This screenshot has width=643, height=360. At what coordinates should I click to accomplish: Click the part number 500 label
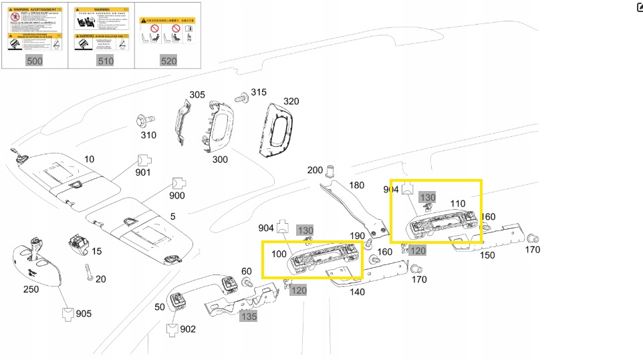[x=34, y=61]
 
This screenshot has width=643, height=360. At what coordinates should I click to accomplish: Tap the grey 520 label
[x=168, y=61]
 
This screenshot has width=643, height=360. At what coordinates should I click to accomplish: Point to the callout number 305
[x=197, y=95]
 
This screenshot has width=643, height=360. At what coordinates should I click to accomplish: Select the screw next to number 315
[x=242, y=98]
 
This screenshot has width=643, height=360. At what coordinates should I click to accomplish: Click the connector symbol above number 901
[x=143, y=160]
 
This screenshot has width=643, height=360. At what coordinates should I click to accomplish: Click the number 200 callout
[x=315, y=170]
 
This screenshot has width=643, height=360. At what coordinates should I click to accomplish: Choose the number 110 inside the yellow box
[x=458, y=203]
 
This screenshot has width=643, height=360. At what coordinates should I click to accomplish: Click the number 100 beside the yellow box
[x=279, y=254]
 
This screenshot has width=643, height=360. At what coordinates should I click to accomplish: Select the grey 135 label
[x=249, y=316]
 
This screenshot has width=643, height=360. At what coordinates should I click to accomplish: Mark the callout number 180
[x=357, y=185]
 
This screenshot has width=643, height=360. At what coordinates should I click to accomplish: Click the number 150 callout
[x=487, y=255]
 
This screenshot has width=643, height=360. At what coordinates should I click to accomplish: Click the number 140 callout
[x=357, y=291]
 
